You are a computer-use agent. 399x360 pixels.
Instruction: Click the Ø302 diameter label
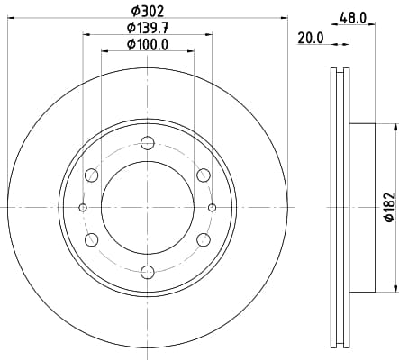[x=148, y=12]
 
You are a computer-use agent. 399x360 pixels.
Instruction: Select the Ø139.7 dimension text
[x=147, y=28]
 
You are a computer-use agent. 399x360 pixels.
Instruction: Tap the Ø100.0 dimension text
[x=147, y=45]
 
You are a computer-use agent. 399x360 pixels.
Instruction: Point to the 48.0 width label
[x=353, y=18]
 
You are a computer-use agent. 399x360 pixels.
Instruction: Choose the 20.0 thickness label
[x=311, y=39]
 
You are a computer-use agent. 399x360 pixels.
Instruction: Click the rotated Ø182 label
[x=390, y=208]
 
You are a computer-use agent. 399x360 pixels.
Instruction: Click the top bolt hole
[x=148, y=143]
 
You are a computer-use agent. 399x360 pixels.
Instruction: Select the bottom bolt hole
[x=148, y=272]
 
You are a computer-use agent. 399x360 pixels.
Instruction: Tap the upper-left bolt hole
[x=92, y=175]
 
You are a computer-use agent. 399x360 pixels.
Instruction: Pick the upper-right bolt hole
[x=204, y=175]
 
